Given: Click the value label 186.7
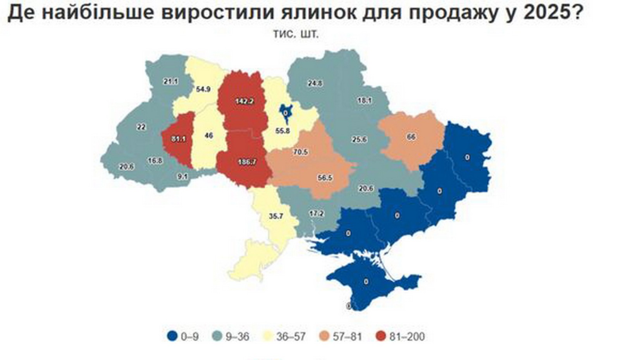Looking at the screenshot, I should [x=246, y=162].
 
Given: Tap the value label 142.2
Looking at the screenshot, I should [x=244, y=101].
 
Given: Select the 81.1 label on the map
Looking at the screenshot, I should [x=178, y=138].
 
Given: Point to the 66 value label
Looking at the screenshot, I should [x=411, y=136].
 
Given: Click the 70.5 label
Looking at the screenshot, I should [x=300, y=152].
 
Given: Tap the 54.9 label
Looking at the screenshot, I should [x=203, y=89].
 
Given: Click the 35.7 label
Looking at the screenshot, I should [x=276, y=216].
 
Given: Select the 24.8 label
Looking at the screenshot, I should [x=315, y=83].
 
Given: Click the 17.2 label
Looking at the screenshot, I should [x=316, y=213].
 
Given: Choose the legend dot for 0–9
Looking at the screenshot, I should [x=172, y=336].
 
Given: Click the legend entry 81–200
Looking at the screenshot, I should [x=401, y=336].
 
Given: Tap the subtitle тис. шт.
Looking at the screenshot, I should [x=296, y=34].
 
